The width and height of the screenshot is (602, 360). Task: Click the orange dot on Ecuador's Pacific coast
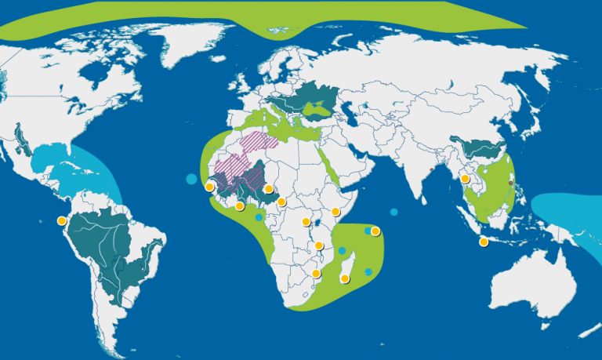point(62,220)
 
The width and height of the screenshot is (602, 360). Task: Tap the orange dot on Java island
point(484,242)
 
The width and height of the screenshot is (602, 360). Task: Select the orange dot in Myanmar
point(465,179)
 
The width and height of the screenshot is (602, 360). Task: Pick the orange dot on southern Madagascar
point(344,278)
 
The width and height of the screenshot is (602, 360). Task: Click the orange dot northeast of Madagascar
point(375,231)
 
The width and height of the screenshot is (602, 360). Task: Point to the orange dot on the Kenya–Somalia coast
point(335,211)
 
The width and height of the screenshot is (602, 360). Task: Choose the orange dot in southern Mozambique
point(316,274)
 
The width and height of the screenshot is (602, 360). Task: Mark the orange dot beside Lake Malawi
point(319,246)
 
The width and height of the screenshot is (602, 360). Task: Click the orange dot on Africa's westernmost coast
point(209,187)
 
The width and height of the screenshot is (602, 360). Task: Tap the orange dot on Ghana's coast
point(240,206)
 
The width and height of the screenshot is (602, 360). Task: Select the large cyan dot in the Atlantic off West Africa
point(190,180)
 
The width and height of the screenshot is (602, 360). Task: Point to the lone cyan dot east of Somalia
point(393,212)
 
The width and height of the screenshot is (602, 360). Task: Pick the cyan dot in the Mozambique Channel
point(343,251)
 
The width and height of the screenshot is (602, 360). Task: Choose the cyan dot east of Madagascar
point(368,271)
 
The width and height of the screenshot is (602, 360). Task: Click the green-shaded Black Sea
point(321,111)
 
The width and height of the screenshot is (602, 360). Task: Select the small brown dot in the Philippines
point(510,184)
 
